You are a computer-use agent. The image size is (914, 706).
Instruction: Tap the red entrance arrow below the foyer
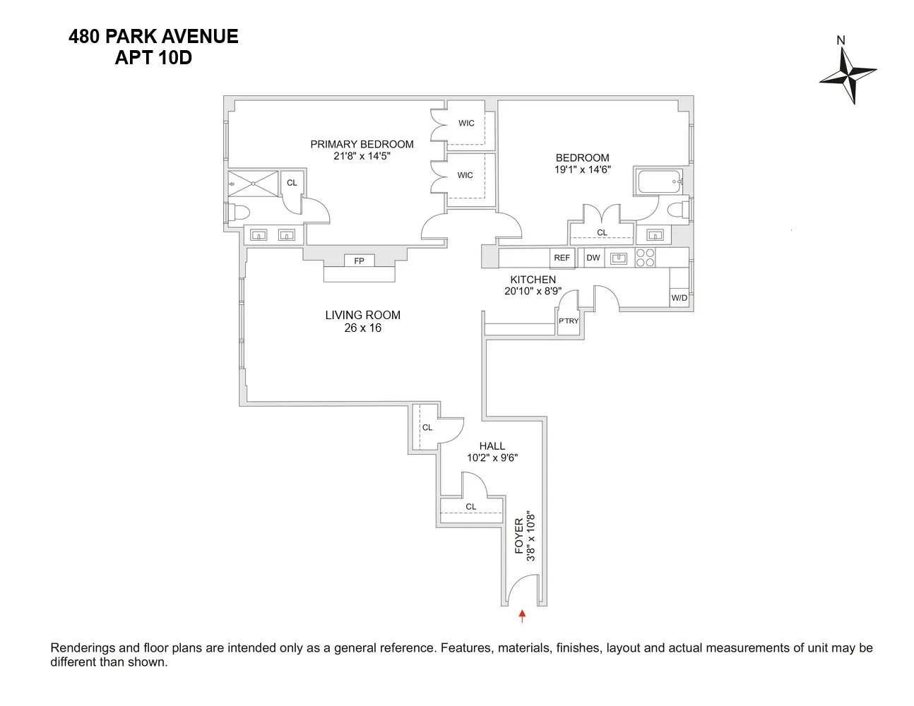(x=522, y=616)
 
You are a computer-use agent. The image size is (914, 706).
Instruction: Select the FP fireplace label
(x=359, y=261)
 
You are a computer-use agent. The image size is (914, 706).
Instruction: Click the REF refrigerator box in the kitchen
(x=562, y=258)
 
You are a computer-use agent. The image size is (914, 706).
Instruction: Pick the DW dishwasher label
(x=593, y=258)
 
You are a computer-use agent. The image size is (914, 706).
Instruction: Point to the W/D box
(x=679, y=298)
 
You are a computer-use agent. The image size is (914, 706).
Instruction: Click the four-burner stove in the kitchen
(x=645, y=258)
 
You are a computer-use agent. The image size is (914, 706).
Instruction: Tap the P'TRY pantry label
(x=569, y=321)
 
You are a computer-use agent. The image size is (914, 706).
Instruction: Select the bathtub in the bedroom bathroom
(x=659, y=181)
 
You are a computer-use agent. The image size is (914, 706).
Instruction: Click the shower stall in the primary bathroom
(x=253, y=184)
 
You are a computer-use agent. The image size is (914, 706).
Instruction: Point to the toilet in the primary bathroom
(x=238, y=213)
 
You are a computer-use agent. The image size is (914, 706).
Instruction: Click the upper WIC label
(x=466, y=123)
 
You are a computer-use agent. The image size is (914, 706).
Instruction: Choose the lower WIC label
(x=465, y=175)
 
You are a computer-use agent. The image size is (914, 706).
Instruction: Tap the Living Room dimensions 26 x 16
(x=362, y=328)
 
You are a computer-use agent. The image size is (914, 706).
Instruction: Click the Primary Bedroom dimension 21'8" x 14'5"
(x=362, y=156)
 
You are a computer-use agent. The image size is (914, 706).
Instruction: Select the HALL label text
(x=492, y=446)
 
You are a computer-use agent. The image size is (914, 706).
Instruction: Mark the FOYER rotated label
(x=519, y=536)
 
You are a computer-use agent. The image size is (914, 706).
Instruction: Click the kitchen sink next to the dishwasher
(x=619, y=258)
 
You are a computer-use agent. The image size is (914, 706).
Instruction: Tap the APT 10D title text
(x=153, y=58)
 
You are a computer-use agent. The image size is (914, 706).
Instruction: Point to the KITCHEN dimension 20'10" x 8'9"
(x=533, y=291)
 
